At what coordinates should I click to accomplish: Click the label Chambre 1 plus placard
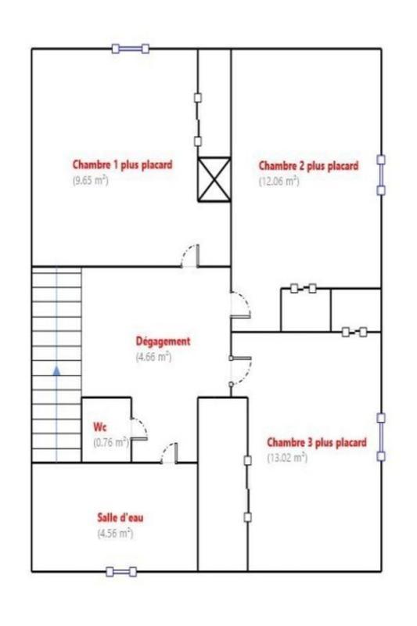pos(122,165)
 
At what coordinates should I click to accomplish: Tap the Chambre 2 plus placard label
pos(308,166)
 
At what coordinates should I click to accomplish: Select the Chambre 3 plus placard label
pos(316,443)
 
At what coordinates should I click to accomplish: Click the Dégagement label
pos(163,341)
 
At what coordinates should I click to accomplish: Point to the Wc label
pos(99,427)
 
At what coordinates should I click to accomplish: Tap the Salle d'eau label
pos(120,518)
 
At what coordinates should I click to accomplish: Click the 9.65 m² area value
pos(91,179)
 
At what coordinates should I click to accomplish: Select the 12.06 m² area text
pos(279,181)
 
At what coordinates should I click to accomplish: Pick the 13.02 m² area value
pos(287,458)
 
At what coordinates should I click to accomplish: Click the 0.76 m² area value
pos(110,442)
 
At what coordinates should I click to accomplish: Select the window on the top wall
pos(130,49)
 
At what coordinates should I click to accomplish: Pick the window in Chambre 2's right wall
pos(381,174)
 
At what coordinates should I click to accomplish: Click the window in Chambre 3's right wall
pos(381,437)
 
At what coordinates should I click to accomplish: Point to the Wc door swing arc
pos(139,427)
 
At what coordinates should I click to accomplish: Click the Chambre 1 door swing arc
pos(189,257)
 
